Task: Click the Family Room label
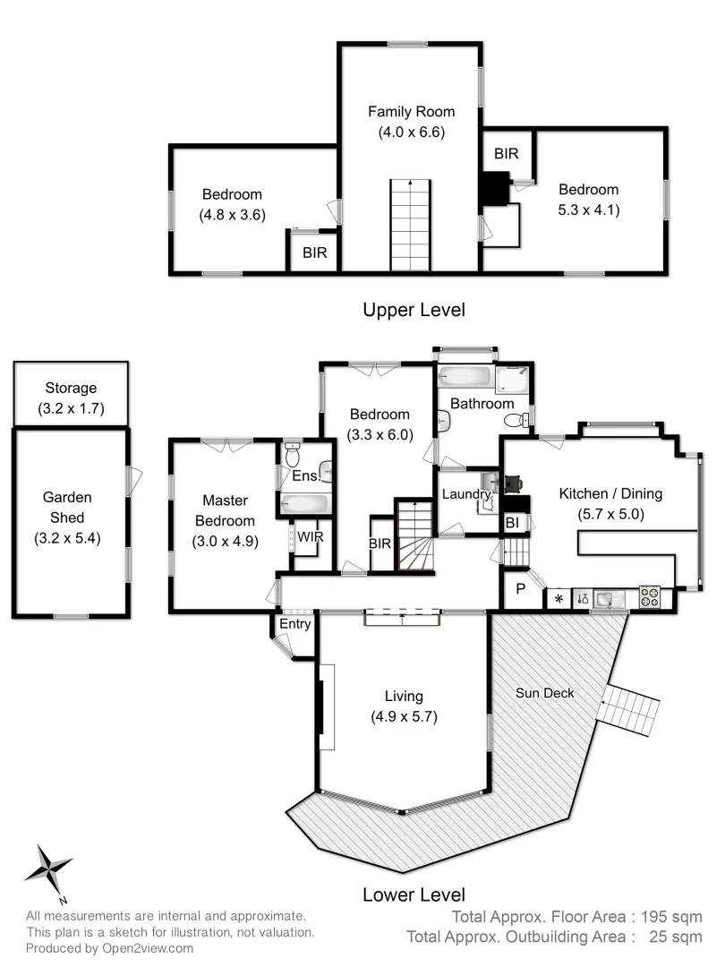tap(412, 112)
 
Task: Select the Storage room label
tap(71, 389)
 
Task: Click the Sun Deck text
tap(545, 692)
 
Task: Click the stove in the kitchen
tap(649, 597)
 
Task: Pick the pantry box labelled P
tap(520, 590)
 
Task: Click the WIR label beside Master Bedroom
tap(311, 537)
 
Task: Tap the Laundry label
tap(465, 494)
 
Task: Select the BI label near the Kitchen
tap(512, 522)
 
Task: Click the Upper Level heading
tap(414, 310)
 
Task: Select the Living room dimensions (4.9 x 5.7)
tap(404, 716)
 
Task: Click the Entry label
tap(294, 624)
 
